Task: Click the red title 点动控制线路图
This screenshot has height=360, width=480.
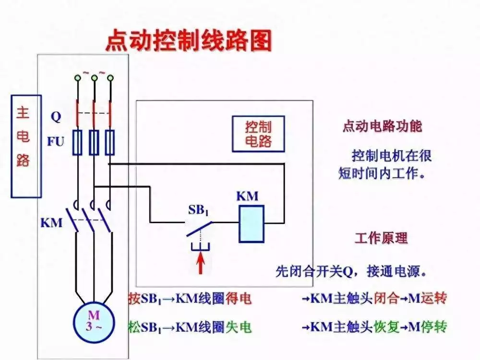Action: [x=189, y=41]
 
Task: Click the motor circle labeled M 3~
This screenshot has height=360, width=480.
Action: [x=94, y=323]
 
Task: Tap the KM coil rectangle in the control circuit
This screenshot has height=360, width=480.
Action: [x=252, y=224]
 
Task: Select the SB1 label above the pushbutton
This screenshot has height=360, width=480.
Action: [x=198, y=210]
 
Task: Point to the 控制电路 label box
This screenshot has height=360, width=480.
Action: [x=258, y=134]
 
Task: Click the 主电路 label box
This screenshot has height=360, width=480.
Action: [x=26, y=146]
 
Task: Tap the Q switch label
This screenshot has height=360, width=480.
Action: [x=56, y=117]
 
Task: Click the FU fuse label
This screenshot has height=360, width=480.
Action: [x=55, y=142]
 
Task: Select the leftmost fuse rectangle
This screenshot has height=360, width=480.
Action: [x=77, y=143]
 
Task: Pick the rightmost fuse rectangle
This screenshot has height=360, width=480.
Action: [x=110, y=143]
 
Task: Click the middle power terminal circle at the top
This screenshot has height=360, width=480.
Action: [x=94, y=78]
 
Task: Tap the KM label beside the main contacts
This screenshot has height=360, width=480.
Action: [x=51, y=223]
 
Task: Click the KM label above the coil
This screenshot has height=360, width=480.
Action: [x=247, y=196]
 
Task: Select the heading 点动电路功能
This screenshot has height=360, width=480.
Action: [x=382, y=126]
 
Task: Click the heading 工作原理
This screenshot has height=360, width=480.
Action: [x=382, y=238]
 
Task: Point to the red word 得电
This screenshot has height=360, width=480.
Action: [x=239, y=298]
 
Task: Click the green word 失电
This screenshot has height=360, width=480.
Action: [x=239, y=327]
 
